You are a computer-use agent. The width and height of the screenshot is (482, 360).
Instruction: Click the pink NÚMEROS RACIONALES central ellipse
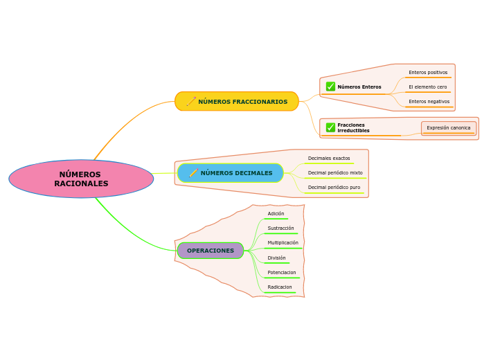81,179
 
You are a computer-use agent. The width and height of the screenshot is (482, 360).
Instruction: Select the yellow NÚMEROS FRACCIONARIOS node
237,101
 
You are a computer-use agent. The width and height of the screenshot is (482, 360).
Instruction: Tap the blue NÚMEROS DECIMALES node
231,173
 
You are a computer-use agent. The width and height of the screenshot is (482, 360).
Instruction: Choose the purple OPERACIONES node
211,251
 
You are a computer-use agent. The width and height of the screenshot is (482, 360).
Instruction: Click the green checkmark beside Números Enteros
330,87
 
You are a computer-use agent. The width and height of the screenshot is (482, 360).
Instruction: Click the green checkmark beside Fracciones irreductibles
330,127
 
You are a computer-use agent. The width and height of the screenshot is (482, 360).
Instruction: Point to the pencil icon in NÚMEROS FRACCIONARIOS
191,101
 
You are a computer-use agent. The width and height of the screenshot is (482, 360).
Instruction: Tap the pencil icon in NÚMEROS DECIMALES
193,173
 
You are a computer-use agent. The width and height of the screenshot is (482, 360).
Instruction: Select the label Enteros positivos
428,72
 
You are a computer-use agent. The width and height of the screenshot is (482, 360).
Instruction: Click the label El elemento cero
427,87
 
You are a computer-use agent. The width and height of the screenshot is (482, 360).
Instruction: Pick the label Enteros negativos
429,101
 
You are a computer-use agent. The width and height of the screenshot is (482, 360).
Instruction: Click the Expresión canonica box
448,128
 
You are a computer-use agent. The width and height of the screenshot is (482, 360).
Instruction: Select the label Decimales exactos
329,159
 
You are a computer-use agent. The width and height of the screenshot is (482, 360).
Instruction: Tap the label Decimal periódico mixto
335,173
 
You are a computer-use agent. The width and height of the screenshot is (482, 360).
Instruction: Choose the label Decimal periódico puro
334,188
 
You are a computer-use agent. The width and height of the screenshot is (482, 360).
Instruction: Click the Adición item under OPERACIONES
276,214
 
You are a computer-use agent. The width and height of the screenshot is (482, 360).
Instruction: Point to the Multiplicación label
283,243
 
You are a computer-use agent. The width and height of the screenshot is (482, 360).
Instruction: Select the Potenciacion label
281,273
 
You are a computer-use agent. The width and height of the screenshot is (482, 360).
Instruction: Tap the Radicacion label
280,287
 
